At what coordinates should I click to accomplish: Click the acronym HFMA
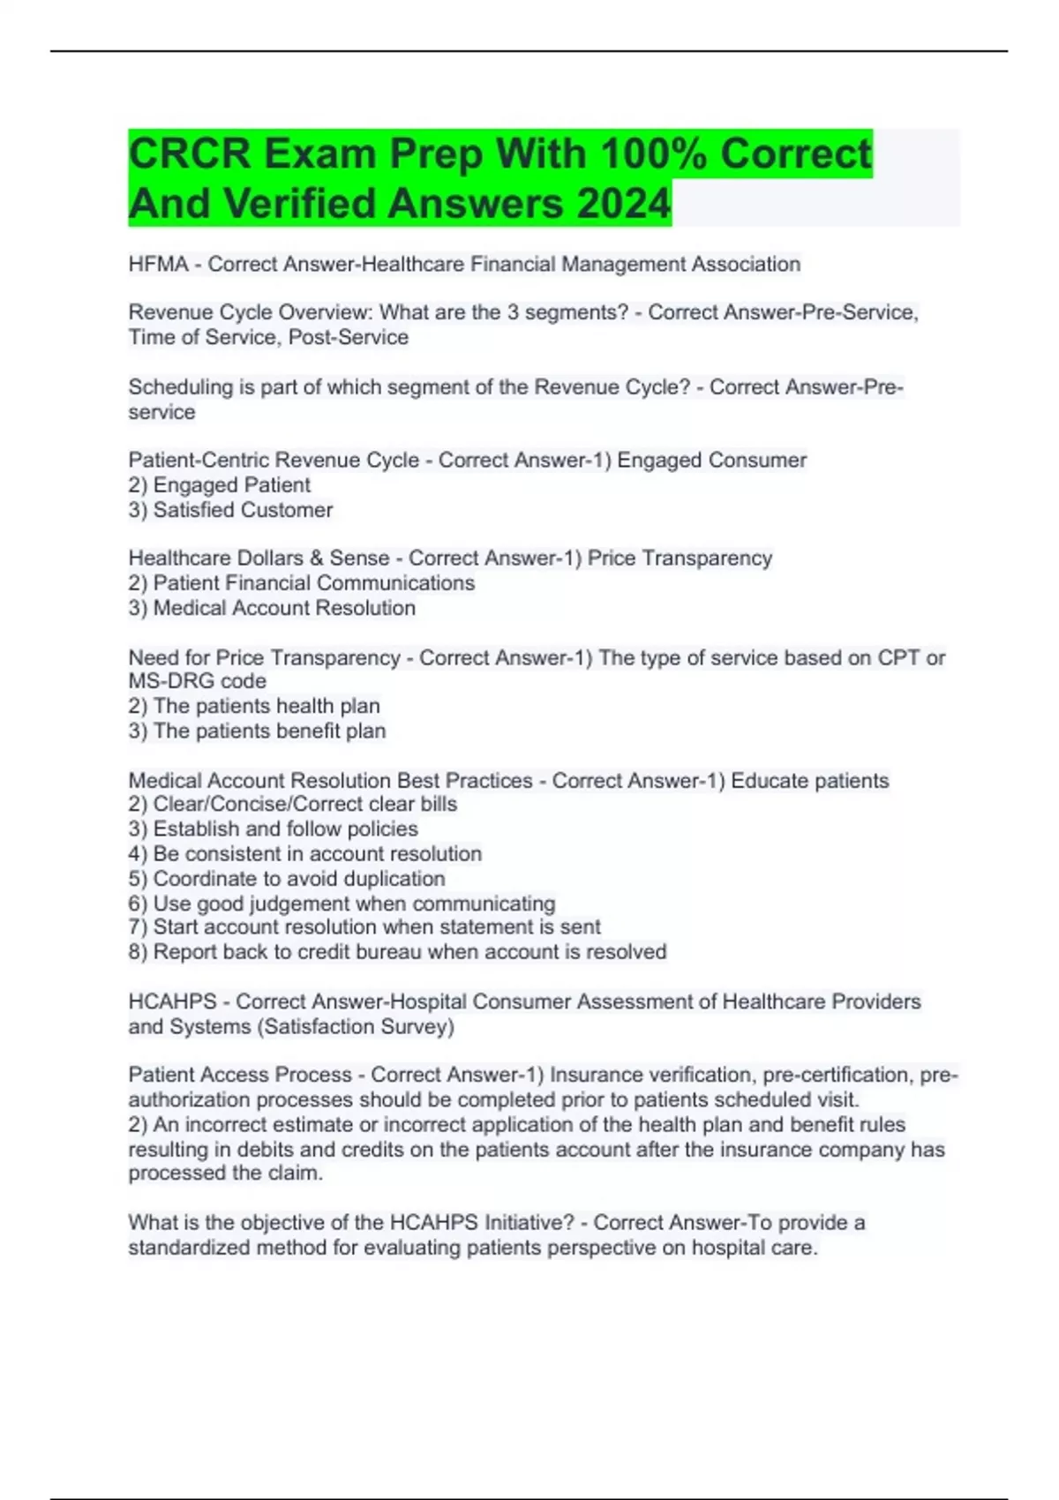158,264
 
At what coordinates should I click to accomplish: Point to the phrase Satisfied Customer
243,510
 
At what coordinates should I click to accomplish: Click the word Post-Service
349,337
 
